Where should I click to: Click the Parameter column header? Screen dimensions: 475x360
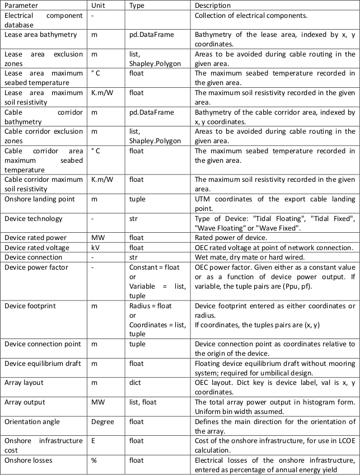[x=23, y=6]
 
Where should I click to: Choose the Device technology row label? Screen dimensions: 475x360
[x=34, y=219]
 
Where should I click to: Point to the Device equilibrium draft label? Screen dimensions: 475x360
[x=41, y=363]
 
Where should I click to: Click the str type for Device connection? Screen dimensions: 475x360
[x=134, y=257]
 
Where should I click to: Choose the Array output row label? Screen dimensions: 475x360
[x=25, y=402]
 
